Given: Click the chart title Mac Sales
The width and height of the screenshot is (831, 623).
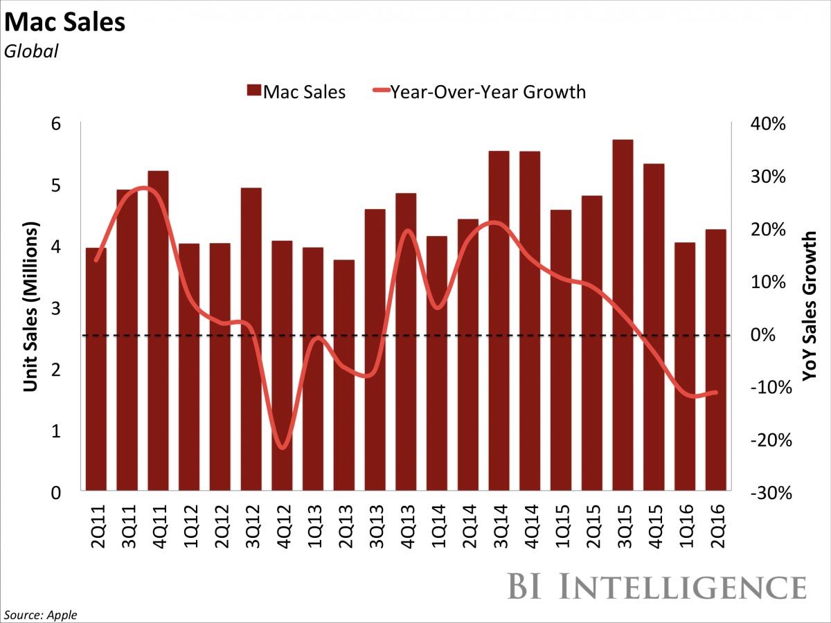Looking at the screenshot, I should click(x=65, y=24).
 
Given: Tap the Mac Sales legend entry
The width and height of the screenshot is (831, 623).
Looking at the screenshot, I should click(x=296, y=91).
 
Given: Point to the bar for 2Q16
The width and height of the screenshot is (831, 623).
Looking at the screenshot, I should click(x=716, y=360).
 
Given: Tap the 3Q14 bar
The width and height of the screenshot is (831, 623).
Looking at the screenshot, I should click(x=499, y=321).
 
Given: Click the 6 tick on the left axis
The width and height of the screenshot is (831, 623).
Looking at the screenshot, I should click(x=55, y=124).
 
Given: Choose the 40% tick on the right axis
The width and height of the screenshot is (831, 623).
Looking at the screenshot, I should click(x=769, y=124).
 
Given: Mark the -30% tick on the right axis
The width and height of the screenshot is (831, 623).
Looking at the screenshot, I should click(x=769, y=493).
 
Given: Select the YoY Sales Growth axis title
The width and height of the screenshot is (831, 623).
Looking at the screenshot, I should click(x=809, y=306).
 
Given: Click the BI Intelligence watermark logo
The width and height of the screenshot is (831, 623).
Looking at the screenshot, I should click(x=656, y=586).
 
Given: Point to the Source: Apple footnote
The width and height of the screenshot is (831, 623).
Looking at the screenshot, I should click(x=42, y=615).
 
